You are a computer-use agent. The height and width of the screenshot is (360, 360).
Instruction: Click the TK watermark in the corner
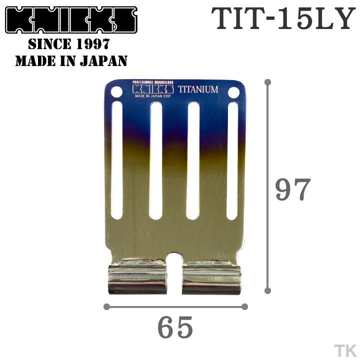[x=343, y=349]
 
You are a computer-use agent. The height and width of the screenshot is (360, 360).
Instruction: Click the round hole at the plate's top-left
[x=116, y=92]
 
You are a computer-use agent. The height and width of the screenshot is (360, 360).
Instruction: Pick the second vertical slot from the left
[x=155, y=160]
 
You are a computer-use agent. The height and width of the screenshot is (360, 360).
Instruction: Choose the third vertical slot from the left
[x=193, y=160]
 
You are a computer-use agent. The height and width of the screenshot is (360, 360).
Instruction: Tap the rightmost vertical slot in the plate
[x=232, y=160]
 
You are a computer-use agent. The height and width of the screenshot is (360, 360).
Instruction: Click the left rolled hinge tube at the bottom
[x=137, y=281]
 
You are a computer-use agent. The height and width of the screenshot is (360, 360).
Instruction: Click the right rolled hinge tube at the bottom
[x=212, y=281]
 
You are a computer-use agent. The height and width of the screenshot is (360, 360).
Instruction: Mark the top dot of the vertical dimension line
[x=268, y=81]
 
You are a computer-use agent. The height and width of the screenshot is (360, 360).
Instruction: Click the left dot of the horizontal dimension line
[x=106, y=306]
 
